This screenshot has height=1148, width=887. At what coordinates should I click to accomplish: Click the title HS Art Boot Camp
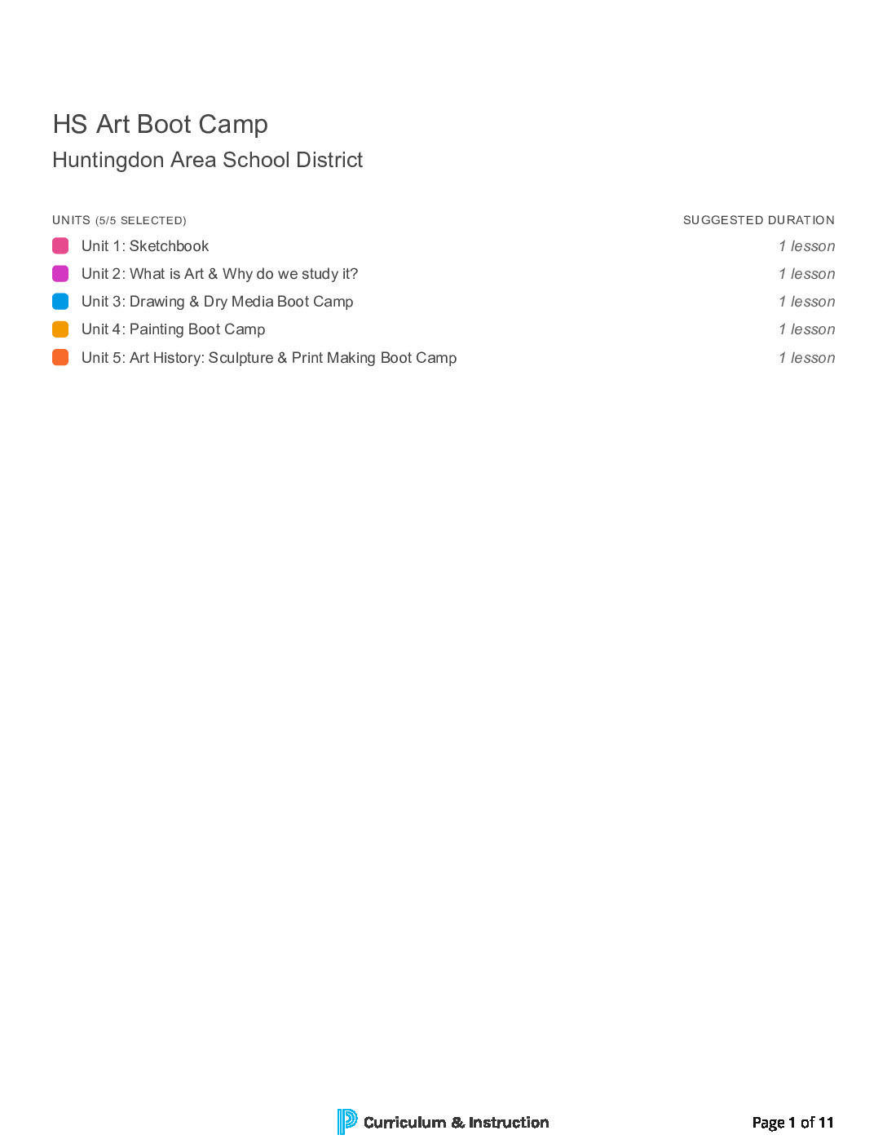(x=160, y=124)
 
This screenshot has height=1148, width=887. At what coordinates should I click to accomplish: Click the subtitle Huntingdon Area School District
(x=207, y=160)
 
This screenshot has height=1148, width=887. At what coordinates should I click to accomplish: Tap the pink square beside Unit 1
(x=60, y=245)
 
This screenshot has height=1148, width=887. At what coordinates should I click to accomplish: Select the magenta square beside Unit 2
(x=60, y=274)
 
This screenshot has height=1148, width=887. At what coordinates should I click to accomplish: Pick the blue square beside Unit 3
(x=60, y=302)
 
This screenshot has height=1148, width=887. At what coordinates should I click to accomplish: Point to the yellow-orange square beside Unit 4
(x=60, y=329)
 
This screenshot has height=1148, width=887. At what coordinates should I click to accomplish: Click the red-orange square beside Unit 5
(x=60, y=357)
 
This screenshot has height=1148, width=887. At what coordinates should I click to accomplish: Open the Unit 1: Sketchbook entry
(x=145, y=246)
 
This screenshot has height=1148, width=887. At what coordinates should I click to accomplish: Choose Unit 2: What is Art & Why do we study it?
(x=219, y=274)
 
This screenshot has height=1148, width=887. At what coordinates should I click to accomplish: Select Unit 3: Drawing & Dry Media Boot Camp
(x=217, y=302)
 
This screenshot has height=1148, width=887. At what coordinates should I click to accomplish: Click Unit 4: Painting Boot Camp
(x=173, y=329)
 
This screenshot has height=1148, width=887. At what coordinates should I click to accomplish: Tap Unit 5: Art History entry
(x=269, y=358)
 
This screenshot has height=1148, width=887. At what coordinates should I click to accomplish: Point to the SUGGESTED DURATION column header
(x=758, y=220)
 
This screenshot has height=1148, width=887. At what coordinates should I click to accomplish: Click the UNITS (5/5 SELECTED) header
(x=119, y=220)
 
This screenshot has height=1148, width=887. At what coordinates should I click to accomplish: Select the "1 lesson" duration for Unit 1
(x=806, y=246)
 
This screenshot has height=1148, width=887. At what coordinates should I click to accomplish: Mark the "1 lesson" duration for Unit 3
(x=806, y=302)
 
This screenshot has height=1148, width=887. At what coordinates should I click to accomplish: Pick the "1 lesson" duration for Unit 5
(x=806, y=358)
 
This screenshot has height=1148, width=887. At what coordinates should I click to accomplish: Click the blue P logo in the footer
(x=346, y=1122)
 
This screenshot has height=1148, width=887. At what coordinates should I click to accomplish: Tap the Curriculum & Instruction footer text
(x=456, y=1123)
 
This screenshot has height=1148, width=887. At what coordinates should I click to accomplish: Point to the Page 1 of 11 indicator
(x=792, y=1123)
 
